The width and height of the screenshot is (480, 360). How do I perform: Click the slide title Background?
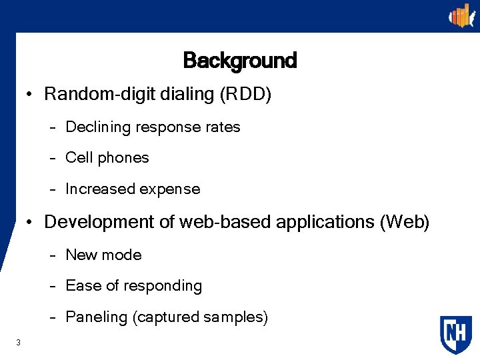click(239, 61)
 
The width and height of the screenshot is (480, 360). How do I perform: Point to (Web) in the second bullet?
click(404, 222)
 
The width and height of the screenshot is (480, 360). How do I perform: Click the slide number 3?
click(19, 343)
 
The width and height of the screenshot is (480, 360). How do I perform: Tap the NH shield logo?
click(455, 334)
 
